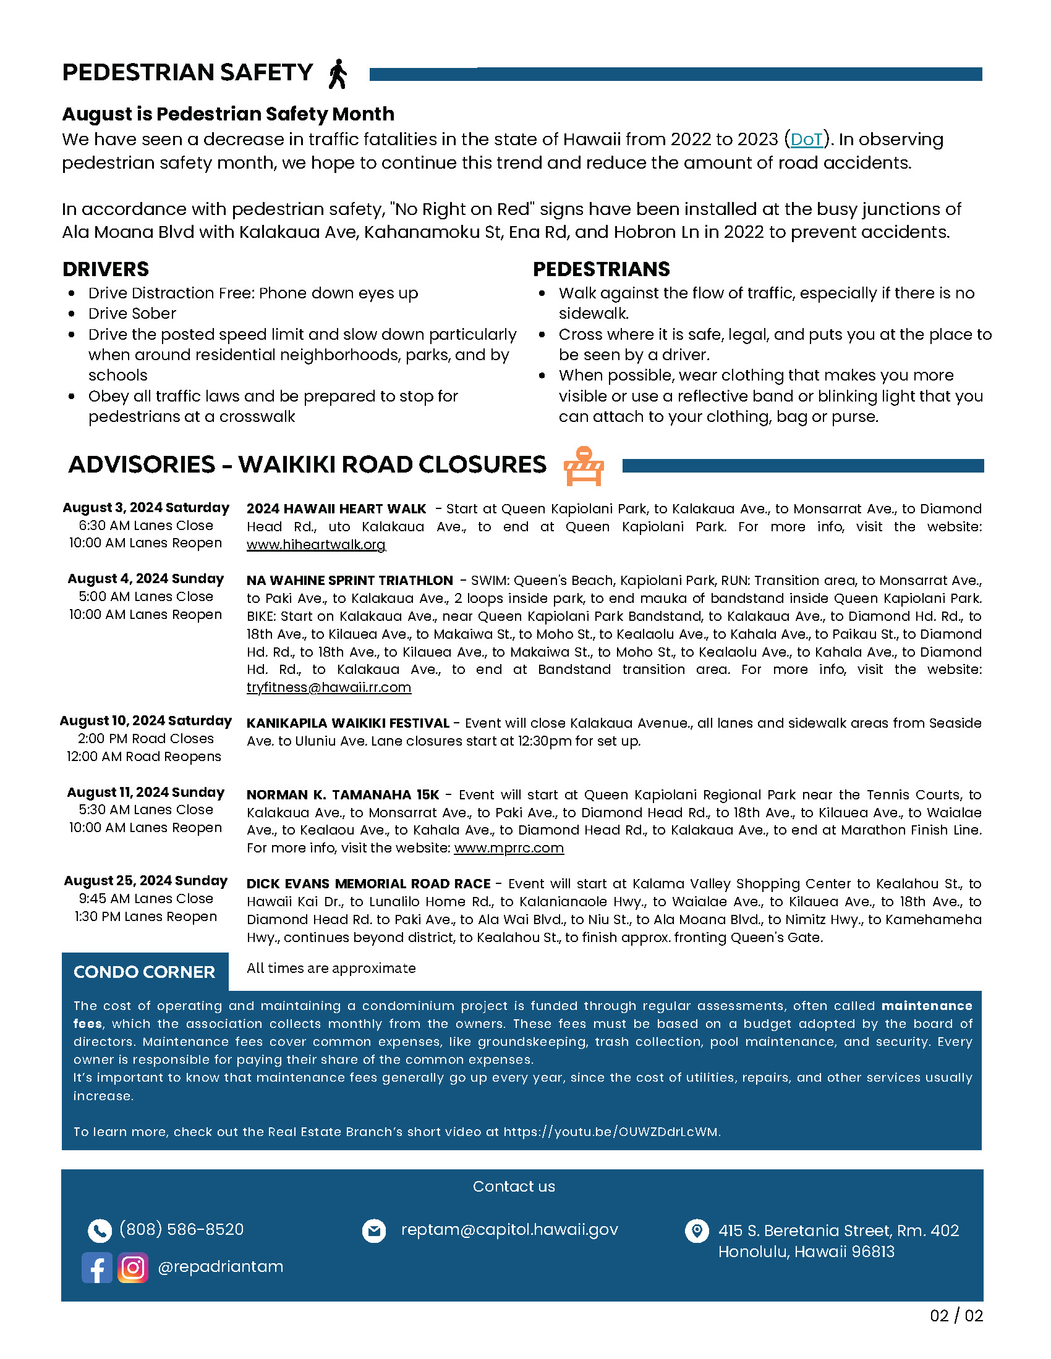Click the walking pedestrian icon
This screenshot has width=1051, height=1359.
tap(338, 74)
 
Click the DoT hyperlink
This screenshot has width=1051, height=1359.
tap(806, 140)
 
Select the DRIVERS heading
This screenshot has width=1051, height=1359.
tap(106, 269)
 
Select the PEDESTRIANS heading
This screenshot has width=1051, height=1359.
tap(601, 269)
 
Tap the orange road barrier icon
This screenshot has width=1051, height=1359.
tap(583, 466)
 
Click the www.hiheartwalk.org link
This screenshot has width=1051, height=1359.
tap(316, 545)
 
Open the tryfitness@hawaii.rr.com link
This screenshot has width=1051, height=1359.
tap(329, 688)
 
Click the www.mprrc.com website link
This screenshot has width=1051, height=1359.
tap(509, 848)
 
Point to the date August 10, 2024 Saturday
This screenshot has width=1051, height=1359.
tap(146, 720)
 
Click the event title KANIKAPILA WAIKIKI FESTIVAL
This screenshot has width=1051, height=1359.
tap(347, 724)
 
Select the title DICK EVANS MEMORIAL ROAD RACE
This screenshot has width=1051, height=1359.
tap(368, 884)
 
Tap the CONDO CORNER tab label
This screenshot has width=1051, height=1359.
tap(145, 972)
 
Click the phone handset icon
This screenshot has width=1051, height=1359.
tap(100, 1230)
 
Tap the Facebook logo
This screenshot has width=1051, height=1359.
tap(97, 1268)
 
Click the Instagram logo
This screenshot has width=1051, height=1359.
tap(133, 1268)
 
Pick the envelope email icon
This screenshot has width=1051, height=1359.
tap(373, 1230)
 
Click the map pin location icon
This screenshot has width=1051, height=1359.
tap(696, 1230)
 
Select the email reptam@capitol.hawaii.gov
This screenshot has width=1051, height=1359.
tap(509, 1230)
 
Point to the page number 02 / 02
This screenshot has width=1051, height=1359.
tap(956, 1316)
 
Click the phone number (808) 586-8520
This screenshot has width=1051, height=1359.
tap(181, 1229)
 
